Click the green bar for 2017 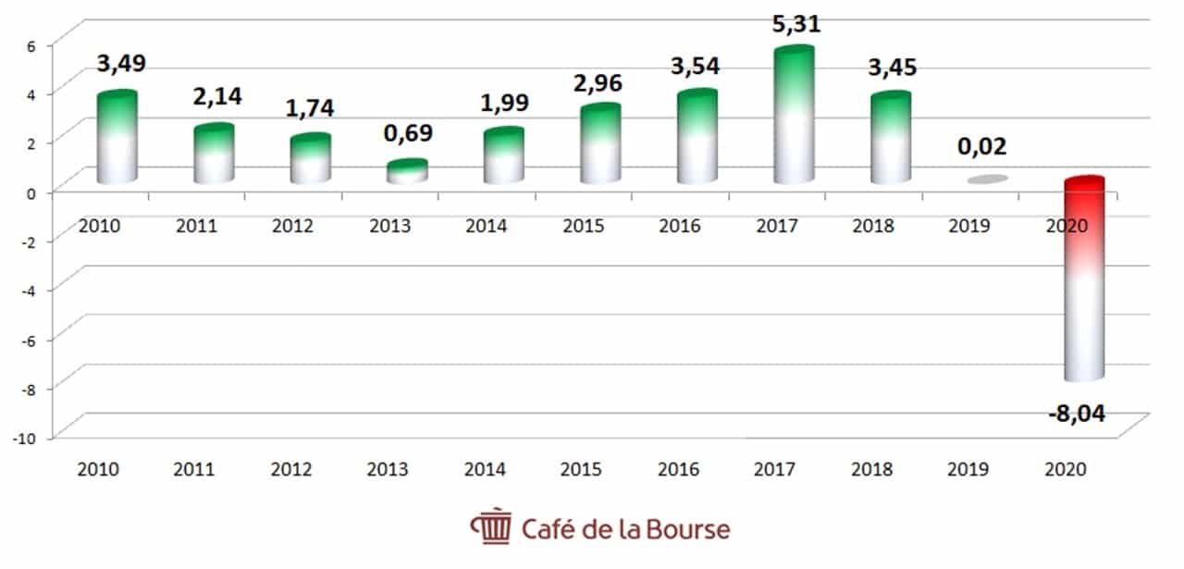(794, 116)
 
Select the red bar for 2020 (1084, 278)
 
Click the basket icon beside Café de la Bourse (490, 528)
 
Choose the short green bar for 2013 (407, 172)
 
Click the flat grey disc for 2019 (988, 179)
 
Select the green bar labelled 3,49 (117, 137)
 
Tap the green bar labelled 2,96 (600, 143)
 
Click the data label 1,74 (310, 107)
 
